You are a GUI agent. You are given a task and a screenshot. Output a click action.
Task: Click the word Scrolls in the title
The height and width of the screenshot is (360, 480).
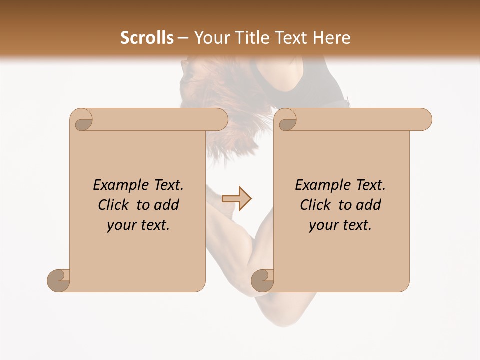tap(147, 38)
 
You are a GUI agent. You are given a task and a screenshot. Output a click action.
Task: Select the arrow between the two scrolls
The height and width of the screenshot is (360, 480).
tap(237, 199)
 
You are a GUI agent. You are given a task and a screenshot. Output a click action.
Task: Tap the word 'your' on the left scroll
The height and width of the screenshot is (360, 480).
tap(121, 225)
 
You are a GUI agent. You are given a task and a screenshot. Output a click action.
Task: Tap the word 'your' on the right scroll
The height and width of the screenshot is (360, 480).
tap(323, 225)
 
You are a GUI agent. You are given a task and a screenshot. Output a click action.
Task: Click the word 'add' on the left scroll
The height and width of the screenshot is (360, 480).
tap(166, 205)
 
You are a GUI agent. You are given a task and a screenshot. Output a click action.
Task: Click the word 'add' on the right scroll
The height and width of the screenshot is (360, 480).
tap(368, 205)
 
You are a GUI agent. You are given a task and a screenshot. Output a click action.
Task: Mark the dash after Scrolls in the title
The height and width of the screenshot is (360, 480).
tap(183, 38)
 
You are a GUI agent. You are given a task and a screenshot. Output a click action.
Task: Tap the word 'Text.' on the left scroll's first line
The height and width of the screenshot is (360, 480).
tap(166, 185)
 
